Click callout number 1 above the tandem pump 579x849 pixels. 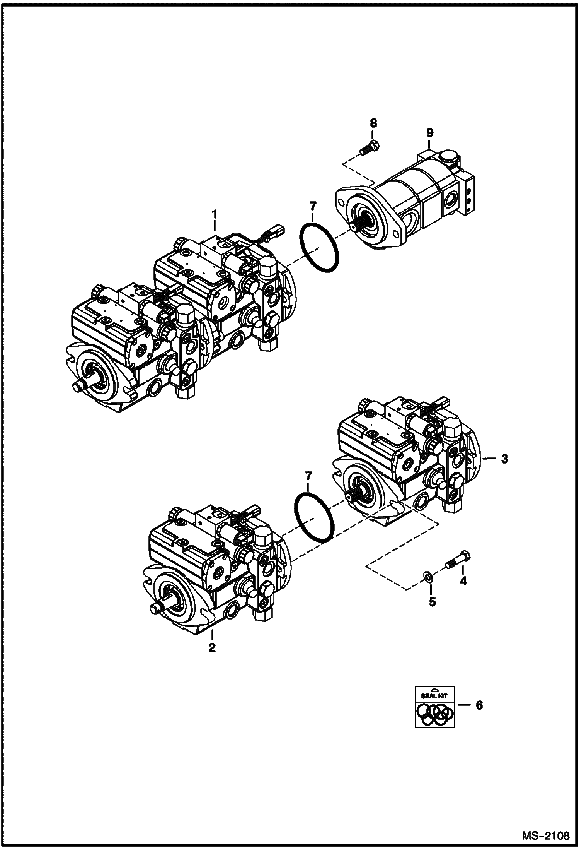point(214,214)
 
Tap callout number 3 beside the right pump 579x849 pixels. point(504,459)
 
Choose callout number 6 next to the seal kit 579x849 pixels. point(479,705)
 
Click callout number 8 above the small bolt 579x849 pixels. point(373,123)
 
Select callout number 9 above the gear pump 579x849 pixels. point(430,133)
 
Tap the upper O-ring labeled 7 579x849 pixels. point(320,248)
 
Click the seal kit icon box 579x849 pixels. point(435,707)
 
